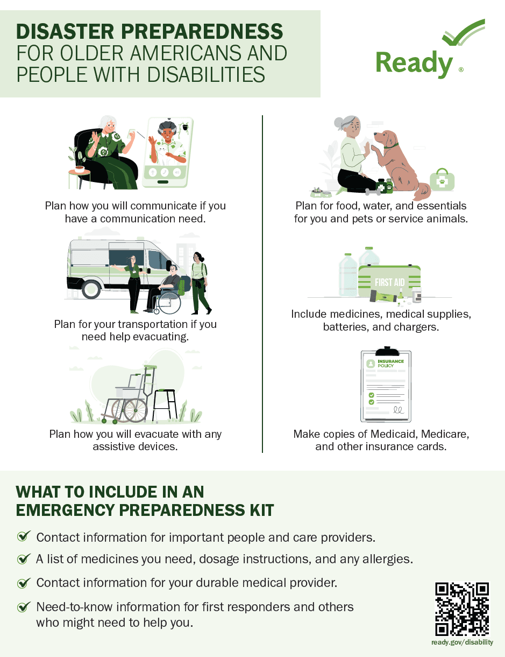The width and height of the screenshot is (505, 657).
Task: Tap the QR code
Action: click(462, 609)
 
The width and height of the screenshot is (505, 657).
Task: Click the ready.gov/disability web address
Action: click(462, 642)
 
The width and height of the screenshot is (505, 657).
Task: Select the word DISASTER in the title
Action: click(65, 31)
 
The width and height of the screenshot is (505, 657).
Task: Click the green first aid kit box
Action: click(389, 282)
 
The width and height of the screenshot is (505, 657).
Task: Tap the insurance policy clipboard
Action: click(386, 385)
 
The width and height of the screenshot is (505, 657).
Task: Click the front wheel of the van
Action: click(91, 289)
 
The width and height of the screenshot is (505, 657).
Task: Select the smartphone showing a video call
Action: click(168, 152)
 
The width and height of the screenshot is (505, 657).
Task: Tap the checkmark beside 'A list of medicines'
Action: click(24, 559)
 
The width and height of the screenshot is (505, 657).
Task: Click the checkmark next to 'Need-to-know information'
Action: click(24, 607)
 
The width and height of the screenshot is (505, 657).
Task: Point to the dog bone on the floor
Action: click(373, 191)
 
